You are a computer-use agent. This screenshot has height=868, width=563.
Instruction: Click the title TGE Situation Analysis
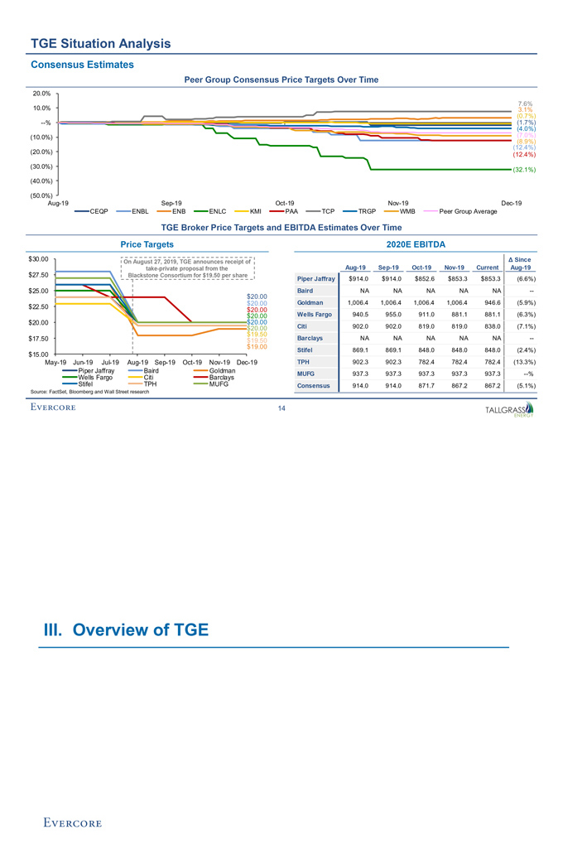point(100,42)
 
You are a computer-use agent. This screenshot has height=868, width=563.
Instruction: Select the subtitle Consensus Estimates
point(81,65)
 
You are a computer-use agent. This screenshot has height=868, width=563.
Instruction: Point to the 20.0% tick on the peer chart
point(41,93)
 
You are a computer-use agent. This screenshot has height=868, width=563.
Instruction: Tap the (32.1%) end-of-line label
point(522,170)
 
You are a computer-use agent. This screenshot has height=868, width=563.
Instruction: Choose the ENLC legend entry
point(218,211)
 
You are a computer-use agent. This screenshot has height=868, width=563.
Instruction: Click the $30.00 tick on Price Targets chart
point(40,259)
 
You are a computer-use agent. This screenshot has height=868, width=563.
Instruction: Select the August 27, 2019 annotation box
point(190,269)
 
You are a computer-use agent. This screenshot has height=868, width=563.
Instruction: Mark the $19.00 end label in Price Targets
point(257,346)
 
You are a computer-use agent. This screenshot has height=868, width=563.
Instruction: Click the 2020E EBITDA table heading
point(422,244)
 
